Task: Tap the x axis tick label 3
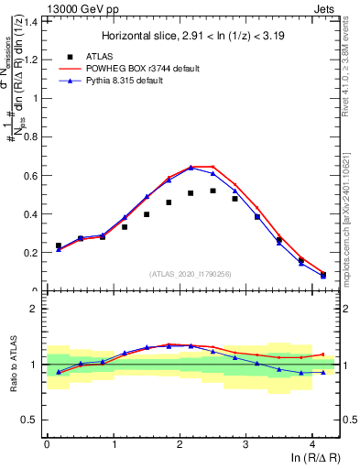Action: click(x=245, y=445)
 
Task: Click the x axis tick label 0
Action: click(x=47, y=445)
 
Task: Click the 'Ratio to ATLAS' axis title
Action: click(x=12, y=365)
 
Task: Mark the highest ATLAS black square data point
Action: click(x=213, y=191)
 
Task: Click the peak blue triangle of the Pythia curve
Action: click(x=191, y=168)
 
